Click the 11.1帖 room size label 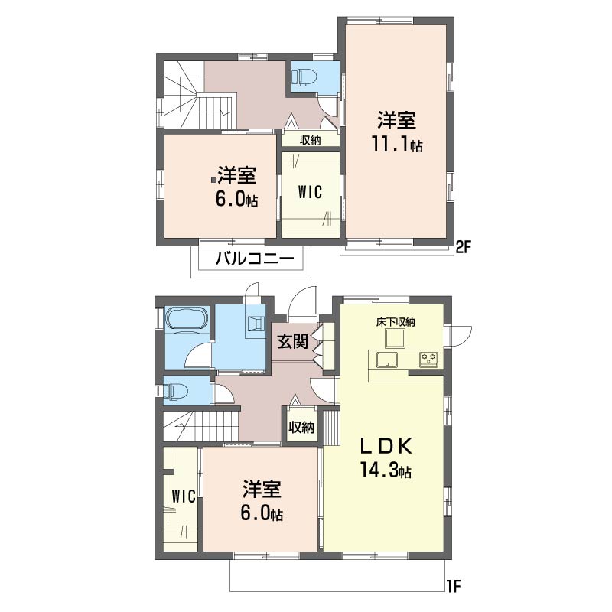pyautogui.click(x=396, y=145)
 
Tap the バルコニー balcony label pyautogui.click(x=255, y=259)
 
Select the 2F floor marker pyautogui.click(x=464, y=246)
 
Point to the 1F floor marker pyautogui.click(x=454, y=586)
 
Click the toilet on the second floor pyautogui.click(x=305, y=76)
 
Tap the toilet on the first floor pyautogui.click(x=175, y=390)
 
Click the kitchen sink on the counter pyautogui.click(x=387, y=360)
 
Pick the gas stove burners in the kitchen pyautogui.click(x=428, y=359)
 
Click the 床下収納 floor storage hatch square pyautogui.click(x=394, y=338)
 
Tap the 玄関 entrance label pyautogui.click(x=293, y=341)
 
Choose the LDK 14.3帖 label pyautogui.click(x=386, y=458)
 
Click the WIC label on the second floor pyautogui.click(x=311, y=193)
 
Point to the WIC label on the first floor pyautogui.click(x=184, y=496)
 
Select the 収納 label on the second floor pyautogui.click(x=311, y=140)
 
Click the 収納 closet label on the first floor pyautogui.click(x=301, y=428)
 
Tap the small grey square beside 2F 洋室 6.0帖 pyautogui.click(x=214, y=181)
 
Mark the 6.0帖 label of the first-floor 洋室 pyautogui.click(x=262, y=513)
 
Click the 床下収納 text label pyautogui.click(x=396, y=322)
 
